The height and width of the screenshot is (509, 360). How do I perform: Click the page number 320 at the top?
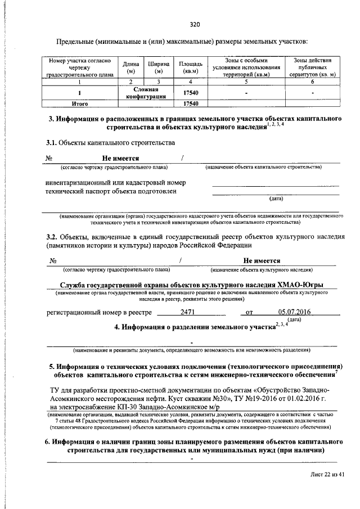tap(195, 24)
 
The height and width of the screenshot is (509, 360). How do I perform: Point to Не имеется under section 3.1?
tap(120, 159)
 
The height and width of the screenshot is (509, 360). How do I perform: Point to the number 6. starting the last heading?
tap(48, 442)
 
